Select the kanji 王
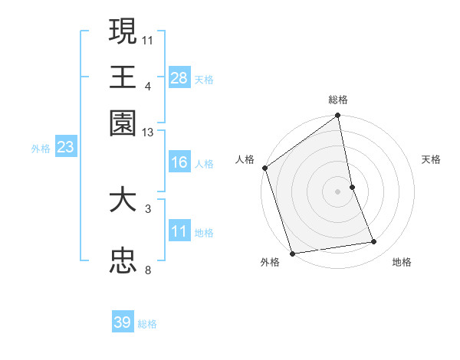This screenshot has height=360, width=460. pos(123,77)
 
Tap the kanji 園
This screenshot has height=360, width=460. pos(123,123)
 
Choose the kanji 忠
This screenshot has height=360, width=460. pos(123,261)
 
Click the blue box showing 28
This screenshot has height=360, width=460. pos(179,77)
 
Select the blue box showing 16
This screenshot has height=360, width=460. pos(179,162)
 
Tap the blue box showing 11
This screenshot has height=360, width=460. pos(179,231)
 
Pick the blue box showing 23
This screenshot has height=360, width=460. pos(65,147)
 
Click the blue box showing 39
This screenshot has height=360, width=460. pos(123,322)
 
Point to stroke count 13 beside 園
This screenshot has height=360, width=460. pos(148,133)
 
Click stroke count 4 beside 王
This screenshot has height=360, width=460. pos(148,86)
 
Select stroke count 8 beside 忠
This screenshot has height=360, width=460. pos(148,270)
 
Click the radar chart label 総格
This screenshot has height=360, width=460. pos(338,100)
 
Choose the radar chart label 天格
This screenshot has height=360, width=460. pos(432,159)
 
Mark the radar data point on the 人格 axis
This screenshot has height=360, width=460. pos(265,168)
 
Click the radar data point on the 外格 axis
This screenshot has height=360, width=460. pos(292,253)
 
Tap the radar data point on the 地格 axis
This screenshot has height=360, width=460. pos(374,242)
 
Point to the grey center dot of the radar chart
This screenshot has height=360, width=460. pos(338,191)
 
